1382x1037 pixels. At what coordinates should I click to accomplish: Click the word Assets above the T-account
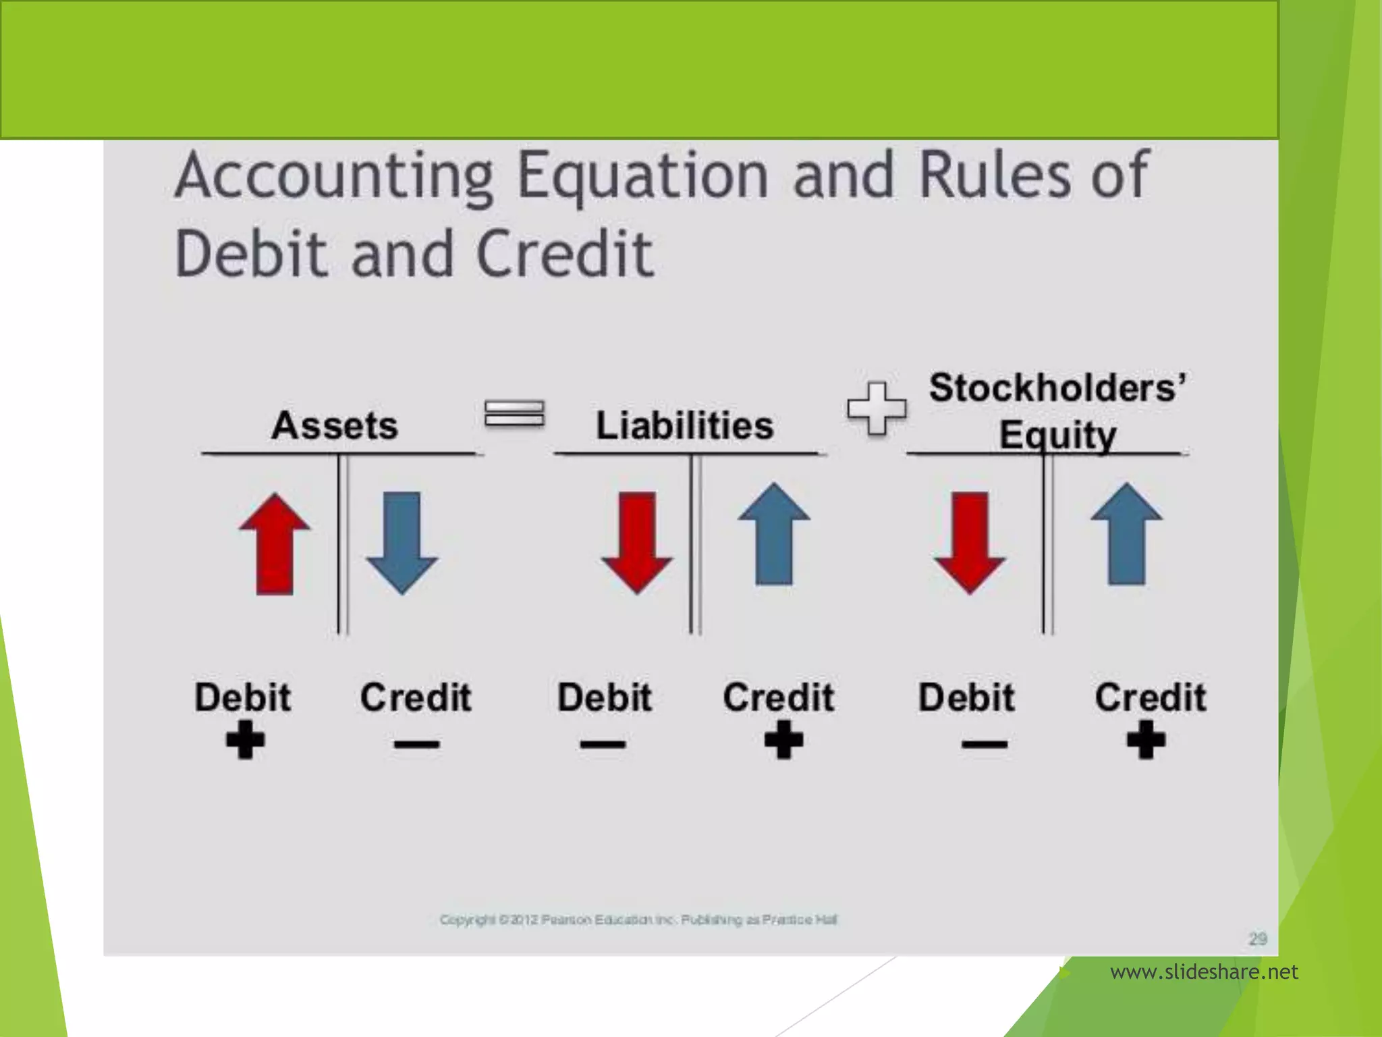pos(335,425)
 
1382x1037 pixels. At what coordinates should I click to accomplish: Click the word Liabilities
pos(684,425)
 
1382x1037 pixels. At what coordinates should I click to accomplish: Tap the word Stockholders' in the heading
pos(1057,388)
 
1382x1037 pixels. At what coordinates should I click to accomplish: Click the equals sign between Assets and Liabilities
pos(514,413)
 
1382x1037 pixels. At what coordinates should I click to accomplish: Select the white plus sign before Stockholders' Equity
pos(877,408)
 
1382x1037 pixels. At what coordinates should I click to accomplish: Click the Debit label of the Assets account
pos(243,697)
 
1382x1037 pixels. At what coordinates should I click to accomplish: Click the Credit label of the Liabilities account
pos(779,697)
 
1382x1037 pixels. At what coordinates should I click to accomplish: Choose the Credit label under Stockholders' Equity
pos(1150,697)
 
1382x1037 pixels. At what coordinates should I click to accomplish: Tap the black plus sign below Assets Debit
pos(245,740)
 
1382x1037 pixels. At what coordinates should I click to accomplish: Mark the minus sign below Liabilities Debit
pos(603,745)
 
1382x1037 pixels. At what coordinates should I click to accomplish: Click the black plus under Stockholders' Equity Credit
pos(1146,740)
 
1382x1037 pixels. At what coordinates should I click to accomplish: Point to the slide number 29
pos(1257,938)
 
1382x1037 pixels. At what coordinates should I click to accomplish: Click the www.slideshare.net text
pos(1204,972)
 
